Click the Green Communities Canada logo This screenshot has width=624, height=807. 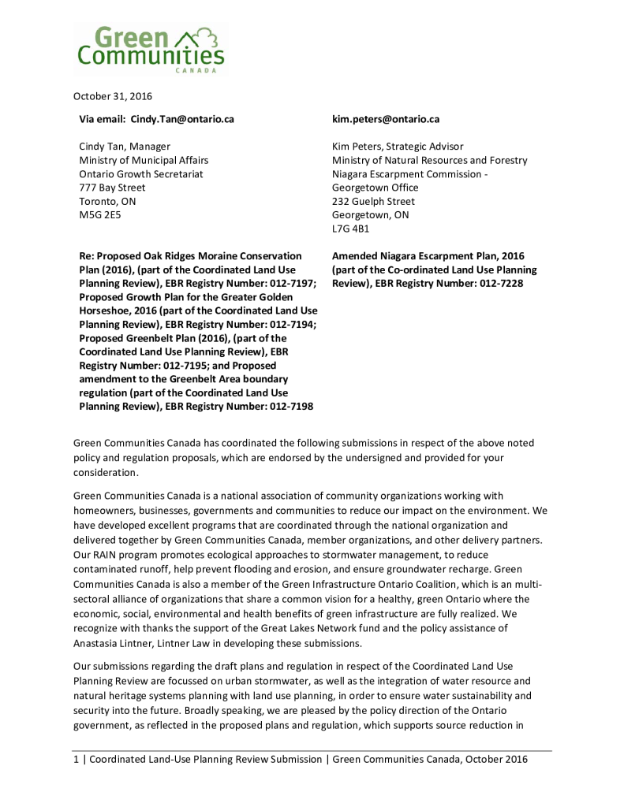coord(150,48)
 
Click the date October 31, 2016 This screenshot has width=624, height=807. coord(113,96)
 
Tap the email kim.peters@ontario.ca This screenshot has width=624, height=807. coord(386,119)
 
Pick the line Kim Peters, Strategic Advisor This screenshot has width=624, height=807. coord(398,147)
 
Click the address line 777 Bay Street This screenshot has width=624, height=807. coord(112,188)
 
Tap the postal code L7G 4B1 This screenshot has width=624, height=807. coord(351,229)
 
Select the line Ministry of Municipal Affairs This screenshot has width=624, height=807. coord(144,160)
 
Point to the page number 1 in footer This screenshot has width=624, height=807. coord(77,759)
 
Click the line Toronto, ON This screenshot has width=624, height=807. coord(107,201)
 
